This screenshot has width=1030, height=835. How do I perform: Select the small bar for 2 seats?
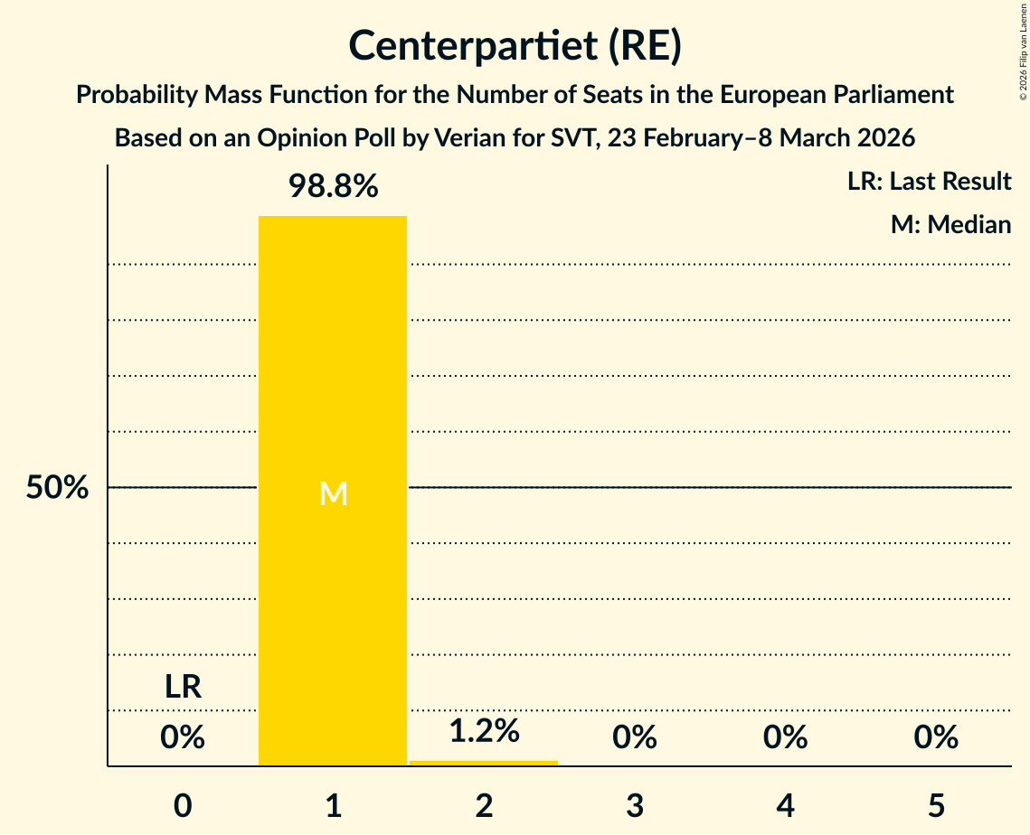point(484,763)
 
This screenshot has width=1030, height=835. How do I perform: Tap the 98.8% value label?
point(333,187)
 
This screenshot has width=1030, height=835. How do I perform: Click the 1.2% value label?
point(484,731)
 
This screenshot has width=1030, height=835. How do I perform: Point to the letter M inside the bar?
point(333,493)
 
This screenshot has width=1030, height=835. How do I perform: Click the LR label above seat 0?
point(183,687)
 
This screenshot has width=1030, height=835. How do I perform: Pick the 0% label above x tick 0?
point(183,737)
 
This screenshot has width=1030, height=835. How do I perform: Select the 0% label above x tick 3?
point(634,737)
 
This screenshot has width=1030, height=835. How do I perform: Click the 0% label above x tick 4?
point(785,737)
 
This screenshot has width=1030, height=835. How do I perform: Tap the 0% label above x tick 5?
point(935,737)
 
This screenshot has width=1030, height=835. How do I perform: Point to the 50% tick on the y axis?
point(57,488)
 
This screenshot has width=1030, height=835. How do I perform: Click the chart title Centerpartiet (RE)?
point(515,45)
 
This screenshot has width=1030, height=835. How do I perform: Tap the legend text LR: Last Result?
point(929,182)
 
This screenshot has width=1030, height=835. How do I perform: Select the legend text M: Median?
point(950,224)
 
